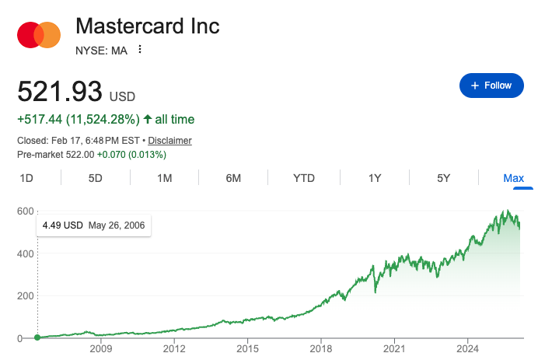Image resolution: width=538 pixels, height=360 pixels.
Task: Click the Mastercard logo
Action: (39, 35)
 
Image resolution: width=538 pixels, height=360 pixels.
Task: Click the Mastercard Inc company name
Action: (148, 26)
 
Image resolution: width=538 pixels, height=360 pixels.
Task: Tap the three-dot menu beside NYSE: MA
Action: (140, 50)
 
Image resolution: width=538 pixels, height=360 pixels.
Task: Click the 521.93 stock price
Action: (60, 93)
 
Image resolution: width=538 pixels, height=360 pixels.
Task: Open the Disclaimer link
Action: (169, 141)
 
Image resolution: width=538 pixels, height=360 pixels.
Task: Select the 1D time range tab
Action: (26, 178)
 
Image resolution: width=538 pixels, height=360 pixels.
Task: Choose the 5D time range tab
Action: (96, 178)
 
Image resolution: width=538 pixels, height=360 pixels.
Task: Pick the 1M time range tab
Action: (164, 178)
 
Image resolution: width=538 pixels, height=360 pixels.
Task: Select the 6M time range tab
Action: (233, 178)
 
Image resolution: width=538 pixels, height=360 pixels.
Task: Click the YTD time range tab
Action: (303, 178)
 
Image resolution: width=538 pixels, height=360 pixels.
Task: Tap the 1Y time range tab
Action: (375, 178)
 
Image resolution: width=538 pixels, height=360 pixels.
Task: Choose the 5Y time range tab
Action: (444, 178)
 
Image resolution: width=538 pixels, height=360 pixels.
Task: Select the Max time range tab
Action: (513, 178)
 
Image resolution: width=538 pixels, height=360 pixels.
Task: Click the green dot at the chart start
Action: (37, 337)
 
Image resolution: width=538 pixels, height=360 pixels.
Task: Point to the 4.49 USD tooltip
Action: (94, 226)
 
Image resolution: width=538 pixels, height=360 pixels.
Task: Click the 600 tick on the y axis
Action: (26, 211)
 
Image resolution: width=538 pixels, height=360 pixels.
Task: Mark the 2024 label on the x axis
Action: (468, 351)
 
